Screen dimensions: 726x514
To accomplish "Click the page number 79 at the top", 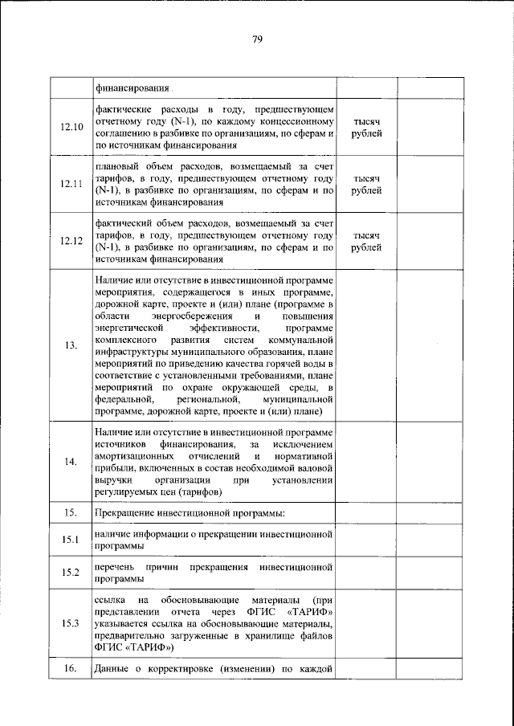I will (x=257, y=39).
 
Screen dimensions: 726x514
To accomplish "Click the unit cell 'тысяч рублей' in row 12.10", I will (x=367, y=127).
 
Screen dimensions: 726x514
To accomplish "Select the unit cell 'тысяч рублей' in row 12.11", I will (x=367, y=184).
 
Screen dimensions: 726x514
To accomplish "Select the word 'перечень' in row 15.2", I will (x=116, y=567).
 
